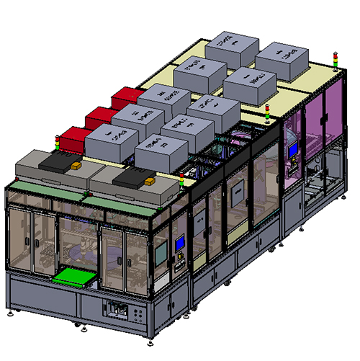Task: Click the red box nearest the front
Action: click(71, 138)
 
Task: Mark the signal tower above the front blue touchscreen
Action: click(182, 179)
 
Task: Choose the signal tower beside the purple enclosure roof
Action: click(268, 112)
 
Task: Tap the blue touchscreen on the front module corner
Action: click(180, 243)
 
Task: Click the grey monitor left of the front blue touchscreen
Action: click(161, 253)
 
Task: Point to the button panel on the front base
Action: click(119, 311)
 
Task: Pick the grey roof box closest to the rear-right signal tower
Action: click(283, 62)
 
